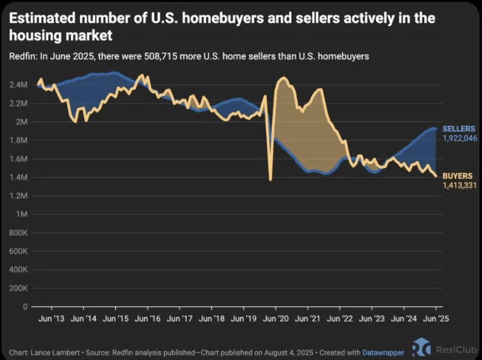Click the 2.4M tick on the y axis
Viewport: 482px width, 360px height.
pos(19,85)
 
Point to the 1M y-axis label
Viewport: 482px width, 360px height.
pos(22,214)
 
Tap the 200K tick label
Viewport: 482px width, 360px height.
pos(18,288)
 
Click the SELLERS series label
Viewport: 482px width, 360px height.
pos(459,129)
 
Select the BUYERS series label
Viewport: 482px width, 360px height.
pos(457,176)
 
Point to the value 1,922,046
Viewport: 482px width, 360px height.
pos(460,138)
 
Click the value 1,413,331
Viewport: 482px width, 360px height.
pos(460,185)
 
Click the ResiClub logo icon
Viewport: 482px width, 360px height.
pos(422,348)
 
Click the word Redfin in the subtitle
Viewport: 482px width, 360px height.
pos(21,57)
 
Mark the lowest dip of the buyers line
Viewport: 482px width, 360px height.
pos(270,179)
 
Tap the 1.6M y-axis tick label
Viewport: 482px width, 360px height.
pos(19,159)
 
